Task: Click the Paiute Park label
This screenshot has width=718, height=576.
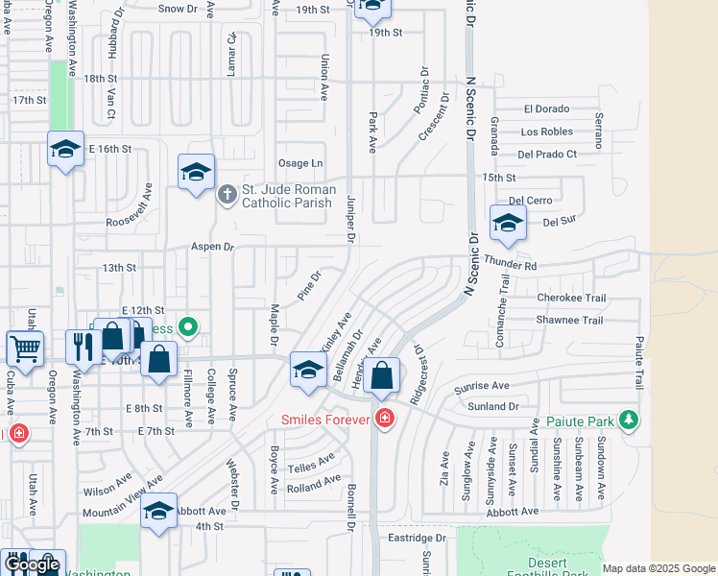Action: pos(581,420)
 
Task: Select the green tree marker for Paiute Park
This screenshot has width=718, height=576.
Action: pos(629,420)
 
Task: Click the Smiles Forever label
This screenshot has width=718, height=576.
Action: pos(326,419)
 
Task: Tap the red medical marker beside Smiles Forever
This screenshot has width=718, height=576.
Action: pos(385,418)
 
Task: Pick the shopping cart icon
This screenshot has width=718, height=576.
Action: pos(24,348)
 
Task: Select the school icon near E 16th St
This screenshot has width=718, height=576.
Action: pos(65,149)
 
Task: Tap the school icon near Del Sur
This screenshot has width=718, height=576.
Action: pos(508,224)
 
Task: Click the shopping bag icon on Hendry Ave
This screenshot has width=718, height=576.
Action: pos(382,375)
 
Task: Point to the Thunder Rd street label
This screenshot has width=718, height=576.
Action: pos(510,262)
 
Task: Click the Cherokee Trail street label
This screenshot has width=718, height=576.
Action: pos(571,298)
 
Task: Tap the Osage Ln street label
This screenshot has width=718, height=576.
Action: pos(299,163)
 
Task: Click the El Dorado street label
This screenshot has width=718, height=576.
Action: pos(546,108)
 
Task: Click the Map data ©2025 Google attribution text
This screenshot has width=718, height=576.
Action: pos(658,568)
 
